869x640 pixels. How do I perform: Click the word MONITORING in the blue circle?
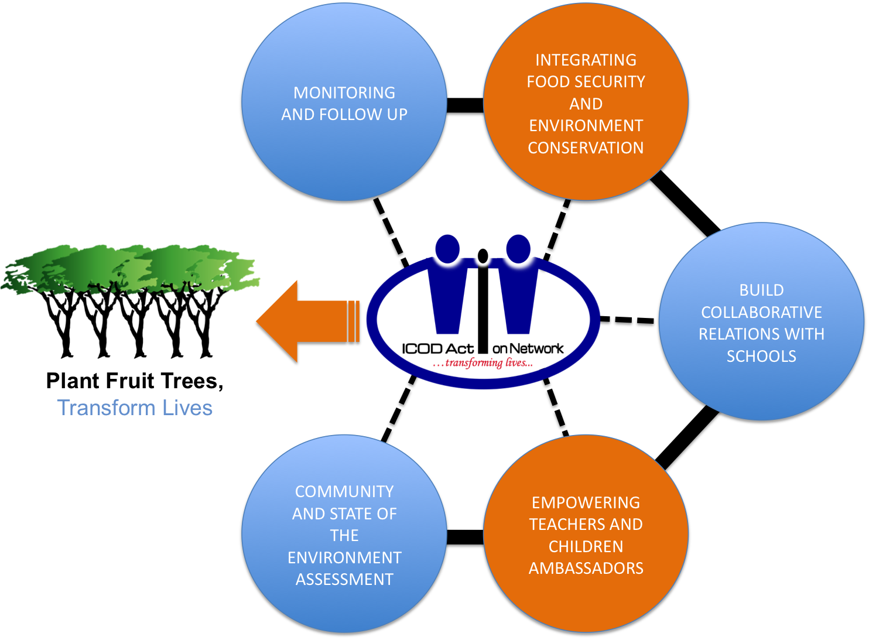coord(344,93)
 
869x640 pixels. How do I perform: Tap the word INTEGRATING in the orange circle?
coord(586,60)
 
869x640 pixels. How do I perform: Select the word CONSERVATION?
coord(586,148)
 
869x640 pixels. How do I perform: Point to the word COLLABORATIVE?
coord(761,312)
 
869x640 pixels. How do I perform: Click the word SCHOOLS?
coord(761,356)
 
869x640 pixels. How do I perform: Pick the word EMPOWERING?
coord(586,502)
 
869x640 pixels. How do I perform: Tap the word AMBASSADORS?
coord(586,568)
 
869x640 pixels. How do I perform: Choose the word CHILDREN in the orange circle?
coord(586,546)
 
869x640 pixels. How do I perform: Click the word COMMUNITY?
coord(344,491)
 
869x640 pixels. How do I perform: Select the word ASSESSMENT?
coord(344,579)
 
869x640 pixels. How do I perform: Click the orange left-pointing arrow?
coord(305,321)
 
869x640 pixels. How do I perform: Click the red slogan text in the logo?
coord(483,363)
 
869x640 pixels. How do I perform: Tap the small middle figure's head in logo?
coord(483,255)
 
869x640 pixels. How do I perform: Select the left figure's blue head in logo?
coord(448,248)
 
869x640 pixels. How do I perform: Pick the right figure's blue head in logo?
coord(518,248)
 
